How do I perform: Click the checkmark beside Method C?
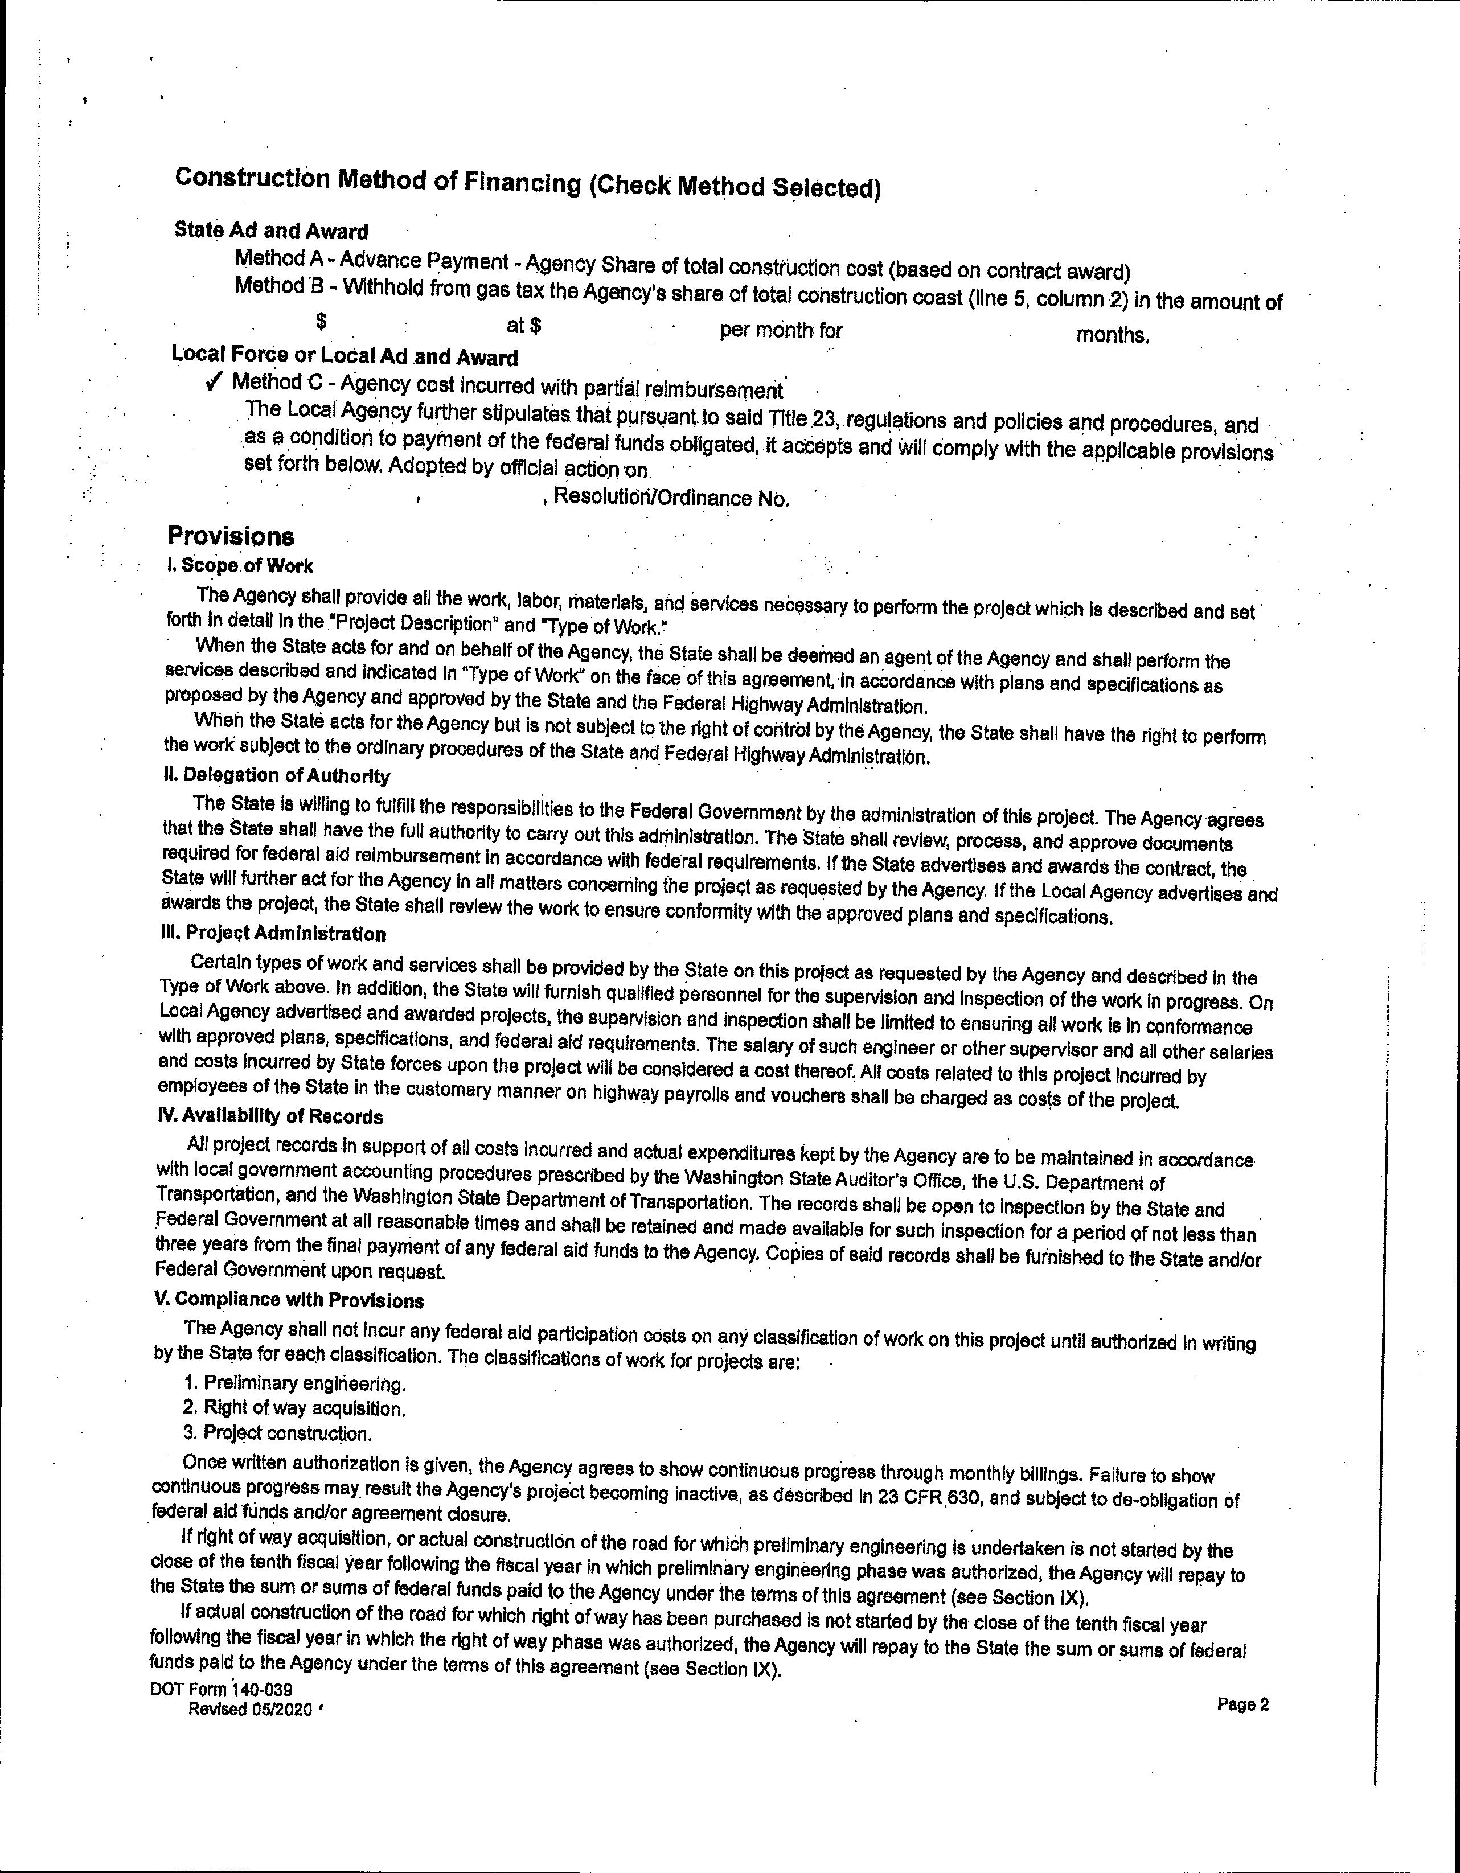pos(215,383)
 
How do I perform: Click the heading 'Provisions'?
pos(231,537)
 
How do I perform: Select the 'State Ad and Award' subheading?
pos(271,231)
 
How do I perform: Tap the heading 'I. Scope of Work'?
pos(240,566)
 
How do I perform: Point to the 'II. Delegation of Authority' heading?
pos(276,776)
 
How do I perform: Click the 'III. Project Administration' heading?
pos(273,933)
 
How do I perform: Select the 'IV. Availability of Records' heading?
pos(269,1116)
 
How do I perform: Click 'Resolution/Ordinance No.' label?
pos(671,498)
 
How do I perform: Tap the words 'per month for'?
pos(781,330)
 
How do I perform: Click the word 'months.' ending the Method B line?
pos(1113,335)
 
